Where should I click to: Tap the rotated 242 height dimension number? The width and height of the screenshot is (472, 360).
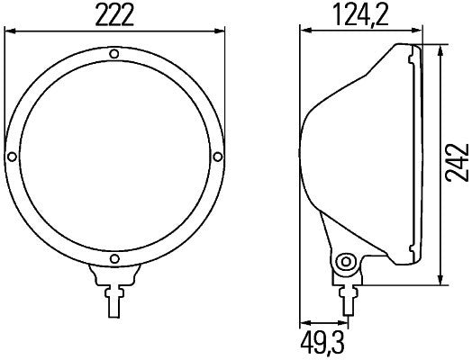point(458,162)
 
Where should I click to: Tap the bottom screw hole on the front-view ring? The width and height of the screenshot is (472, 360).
point(114,260)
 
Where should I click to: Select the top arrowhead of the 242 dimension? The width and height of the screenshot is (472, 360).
point(440,49)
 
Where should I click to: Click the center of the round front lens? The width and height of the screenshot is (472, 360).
point(114,157)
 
